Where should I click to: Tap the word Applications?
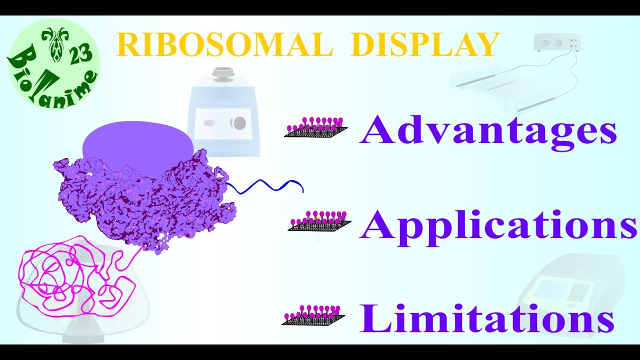point(497,225)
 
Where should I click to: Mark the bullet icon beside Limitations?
point(313,315)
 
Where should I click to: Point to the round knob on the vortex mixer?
point(240,123)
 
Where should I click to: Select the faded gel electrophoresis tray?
point(505,87)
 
